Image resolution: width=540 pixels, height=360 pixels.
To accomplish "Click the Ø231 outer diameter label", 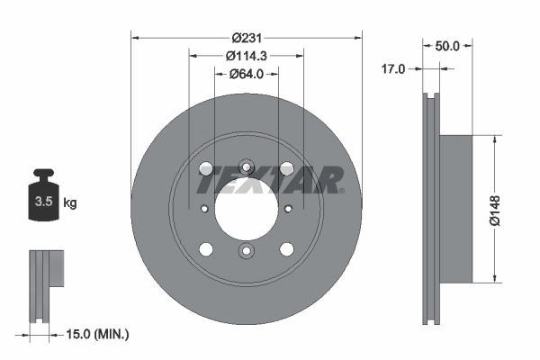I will point(246,38).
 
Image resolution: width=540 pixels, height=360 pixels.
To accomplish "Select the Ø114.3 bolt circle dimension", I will point(246,56).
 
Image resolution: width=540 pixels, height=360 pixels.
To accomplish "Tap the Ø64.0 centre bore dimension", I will point(246,74).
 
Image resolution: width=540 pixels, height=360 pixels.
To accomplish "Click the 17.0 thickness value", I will point(393,68).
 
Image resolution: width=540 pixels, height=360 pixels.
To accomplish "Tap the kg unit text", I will point(70,203).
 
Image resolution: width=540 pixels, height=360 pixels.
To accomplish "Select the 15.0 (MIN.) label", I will point(99,335).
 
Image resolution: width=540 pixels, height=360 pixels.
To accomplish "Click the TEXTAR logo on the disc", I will point(269,180).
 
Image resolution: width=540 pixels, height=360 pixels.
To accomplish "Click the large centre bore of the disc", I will point(246,209).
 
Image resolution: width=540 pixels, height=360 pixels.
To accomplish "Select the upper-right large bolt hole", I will point(287,168).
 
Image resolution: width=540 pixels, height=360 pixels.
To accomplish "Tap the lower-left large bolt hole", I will point(205,249).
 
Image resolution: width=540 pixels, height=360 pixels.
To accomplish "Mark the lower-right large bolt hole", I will point(287,249).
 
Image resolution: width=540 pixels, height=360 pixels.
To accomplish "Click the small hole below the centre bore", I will point(246,252).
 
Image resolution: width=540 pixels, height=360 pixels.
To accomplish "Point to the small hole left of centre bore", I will point(204,209).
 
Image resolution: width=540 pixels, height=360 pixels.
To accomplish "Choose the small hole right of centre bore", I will point(288,209).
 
